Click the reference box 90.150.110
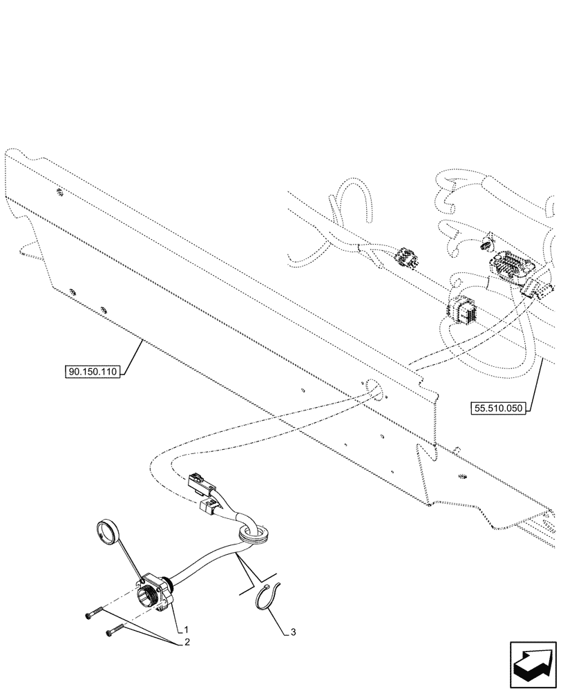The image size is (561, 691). [93, 372]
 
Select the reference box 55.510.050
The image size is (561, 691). [499, 408]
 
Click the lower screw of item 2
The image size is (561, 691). [115, 629]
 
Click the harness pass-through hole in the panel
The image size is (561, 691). [374, 391]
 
